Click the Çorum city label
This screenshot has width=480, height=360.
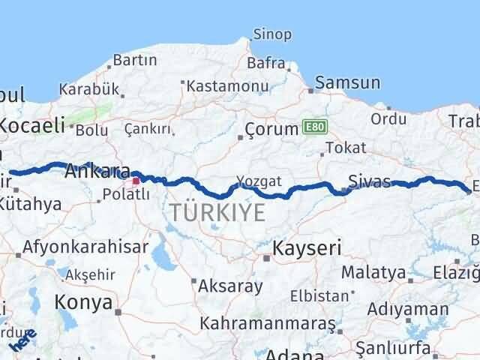[x=272, y=129]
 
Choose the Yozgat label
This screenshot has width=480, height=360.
[x=259, y=181]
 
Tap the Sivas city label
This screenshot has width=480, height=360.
[x=369, y=181]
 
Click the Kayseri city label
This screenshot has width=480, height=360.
[x=306, y=247]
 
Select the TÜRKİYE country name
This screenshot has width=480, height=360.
[x=217, y=213]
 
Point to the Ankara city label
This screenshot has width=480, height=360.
[x=97, y=171]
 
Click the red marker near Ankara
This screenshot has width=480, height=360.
[x=136, y=181]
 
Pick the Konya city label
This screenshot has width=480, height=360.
[x=82, y=303]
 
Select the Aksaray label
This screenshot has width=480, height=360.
[x=230, y=286]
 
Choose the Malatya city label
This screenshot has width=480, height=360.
[x=373, y=271]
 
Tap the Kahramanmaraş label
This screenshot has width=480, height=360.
[x=267, y=324]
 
